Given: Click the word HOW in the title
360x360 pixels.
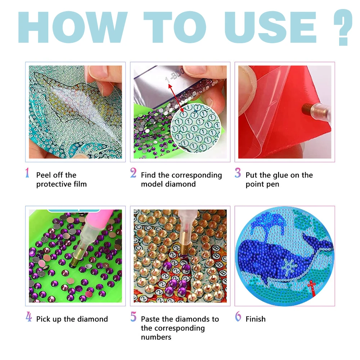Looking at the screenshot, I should [x=72, y=27].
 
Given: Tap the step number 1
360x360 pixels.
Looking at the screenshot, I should [x=27, y=173].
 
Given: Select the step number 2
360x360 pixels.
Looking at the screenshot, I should [x=133, y=173].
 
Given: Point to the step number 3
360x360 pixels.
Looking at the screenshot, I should [x=238, y=173].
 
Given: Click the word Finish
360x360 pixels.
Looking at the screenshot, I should [x=256, y=319].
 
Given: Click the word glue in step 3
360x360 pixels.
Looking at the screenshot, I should [x=278, y=175].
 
